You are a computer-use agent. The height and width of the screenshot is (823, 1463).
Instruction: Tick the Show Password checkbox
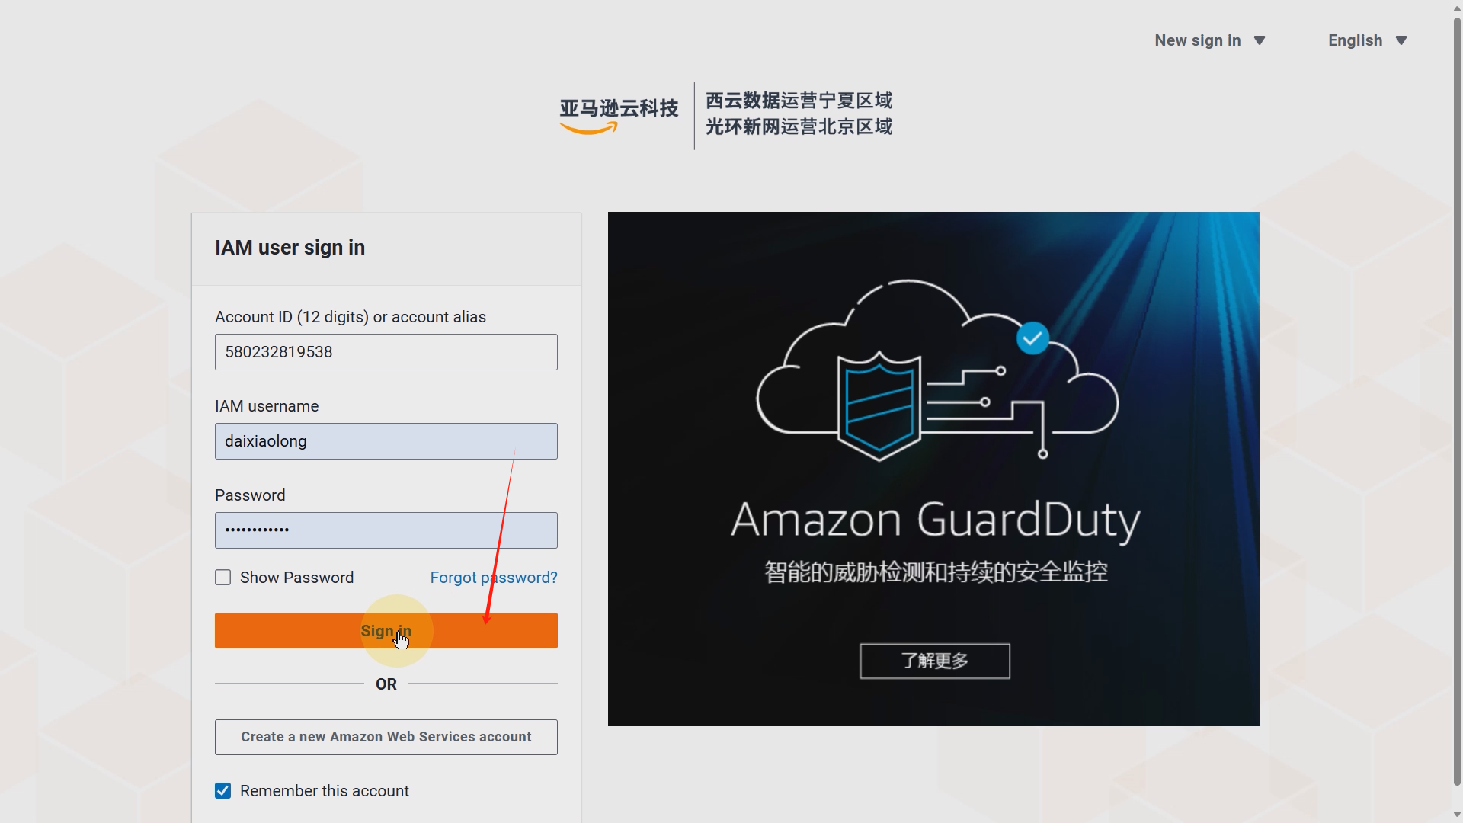pyautogui.click(x=222, y=578)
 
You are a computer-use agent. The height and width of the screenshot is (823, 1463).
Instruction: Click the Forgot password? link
pyautogui.click(x=493, y=578)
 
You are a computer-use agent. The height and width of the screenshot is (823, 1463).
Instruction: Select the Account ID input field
pyautogui.click(x=386, y=352)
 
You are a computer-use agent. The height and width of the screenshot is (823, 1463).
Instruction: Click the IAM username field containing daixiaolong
pyautogui.click(x=386, y=441)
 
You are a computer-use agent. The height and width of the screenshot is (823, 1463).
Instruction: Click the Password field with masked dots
pyautogui.click(x=386, y=530)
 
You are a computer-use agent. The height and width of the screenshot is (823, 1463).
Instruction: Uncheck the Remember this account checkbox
pyautogui.click(x=222, y=791)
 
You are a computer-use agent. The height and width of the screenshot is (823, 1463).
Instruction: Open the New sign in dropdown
pyautogui.click(x=1209, y=40)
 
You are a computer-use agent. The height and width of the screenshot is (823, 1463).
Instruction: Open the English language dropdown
pyautogui.click(x=1367, y=40)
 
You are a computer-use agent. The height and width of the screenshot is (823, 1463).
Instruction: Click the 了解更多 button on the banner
pyautogui.click(x=934, y=661)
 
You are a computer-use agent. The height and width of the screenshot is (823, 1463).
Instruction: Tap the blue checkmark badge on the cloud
pyautogui.click(x=1032, y=338)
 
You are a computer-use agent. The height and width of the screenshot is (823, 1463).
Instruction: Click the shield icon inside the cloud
pyautogui.click(x=879, y=406)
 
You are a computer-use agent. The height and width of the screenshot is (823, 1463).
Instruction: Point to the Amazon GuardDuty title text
pyautogui.click(x=935, y=520)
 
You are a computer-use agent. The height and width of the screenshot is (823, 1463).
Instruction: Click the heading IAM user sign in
pyautogui.click(x=290, y=248)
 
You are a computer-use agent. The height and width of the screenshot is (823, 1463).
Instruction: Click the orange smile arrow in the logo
pyautogui.click(x=588, y=130)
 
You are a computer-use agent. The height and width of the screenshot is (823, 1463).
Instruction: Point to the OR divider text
pyautogui.click(x=386, y=684)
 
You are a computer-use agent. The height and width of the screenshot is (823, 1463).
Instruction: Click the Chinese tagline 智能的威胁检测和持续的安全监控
pyautogui.click(x=935, y=572)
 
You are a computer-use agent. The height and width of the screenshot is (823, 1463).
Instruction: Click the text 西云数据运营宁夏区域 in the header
pyautogui.click(x=798, y=101)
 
